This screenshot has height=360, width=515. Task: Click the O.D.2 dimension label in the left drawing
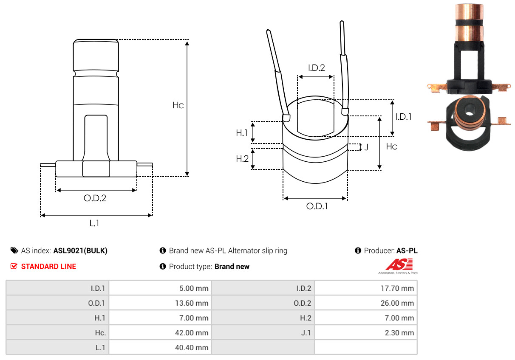coord(95,198)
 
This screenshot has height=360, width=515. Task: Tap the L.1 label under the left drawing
coord(94,223)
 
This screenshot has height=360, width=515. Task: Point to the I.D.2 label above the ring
coord(316,67)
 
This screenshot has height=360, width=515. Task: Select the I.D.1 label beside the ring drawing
coord(403,116)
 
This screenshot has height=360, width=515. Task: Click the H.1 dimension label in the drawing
coord(242,133)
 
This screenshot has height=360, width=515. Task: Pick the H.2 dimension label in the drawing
coord(242,159)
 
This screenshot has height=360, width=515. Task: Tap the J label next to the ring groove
coord(366,148)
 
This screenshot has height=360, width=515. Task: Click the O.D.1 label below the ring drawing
coord(317,206)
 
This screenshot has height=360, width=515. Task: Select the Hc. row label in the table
coord(100,332)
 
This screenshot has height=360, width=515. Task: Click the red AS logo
coord(399,264)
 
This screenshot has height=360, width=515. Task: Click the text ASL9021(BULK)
coord(80,250)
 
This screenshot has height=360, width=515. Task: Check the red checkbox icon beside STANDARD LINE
coord(14,266)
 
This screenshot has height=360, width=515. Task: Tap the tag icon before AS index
coord(14,250)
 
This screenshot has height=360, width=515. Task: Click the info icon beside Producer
coord(358,250)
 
